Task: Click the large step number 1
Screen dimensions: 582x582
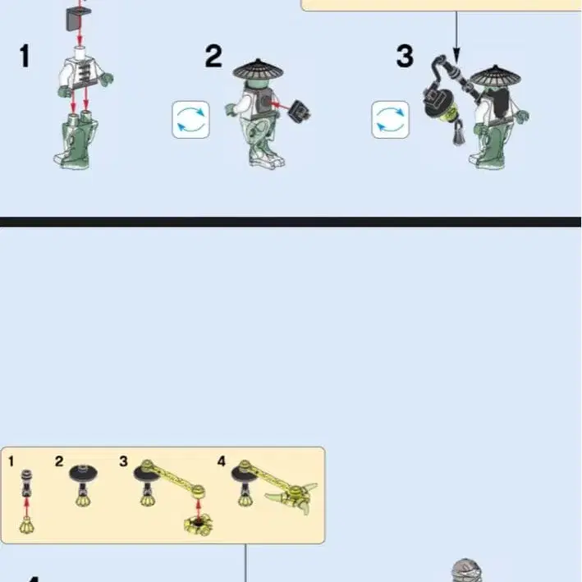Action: (25, 56)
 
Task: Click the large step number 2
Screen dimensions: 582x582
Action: (213, 56)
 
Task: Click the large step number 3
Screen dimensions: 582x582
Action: (405, 56)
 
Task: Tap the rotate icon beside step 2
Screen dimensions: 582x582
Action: (190, 120)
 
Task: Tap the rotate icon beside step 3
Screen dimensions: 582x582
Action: (390, 120)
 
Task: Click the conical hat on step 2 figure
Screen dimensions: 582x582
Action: (258, 70)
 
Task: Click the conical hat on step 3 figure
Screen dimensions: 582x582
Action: (496, 77)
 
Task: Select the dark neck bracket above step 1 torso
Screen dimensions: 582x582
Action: (78, 20)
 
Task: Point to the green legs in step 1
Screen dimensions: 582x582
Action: (76, 142)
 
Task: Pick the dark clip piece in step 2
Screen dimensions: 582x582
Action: (300, 111)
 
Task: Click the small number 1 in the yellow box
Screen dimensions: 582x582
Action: (11, 461)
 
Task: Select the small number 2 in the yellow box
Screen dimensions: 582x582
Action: (59, 461)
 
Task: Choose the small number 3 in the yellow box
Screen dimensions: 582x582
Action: (124, 461)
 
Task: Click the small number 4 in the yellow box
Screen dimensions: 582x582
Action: (222, 461)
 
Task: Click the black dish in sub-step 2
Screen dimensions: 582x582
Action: (84, 474)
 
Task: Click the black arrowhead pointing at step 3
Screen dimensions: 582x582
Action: (456, 56)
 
